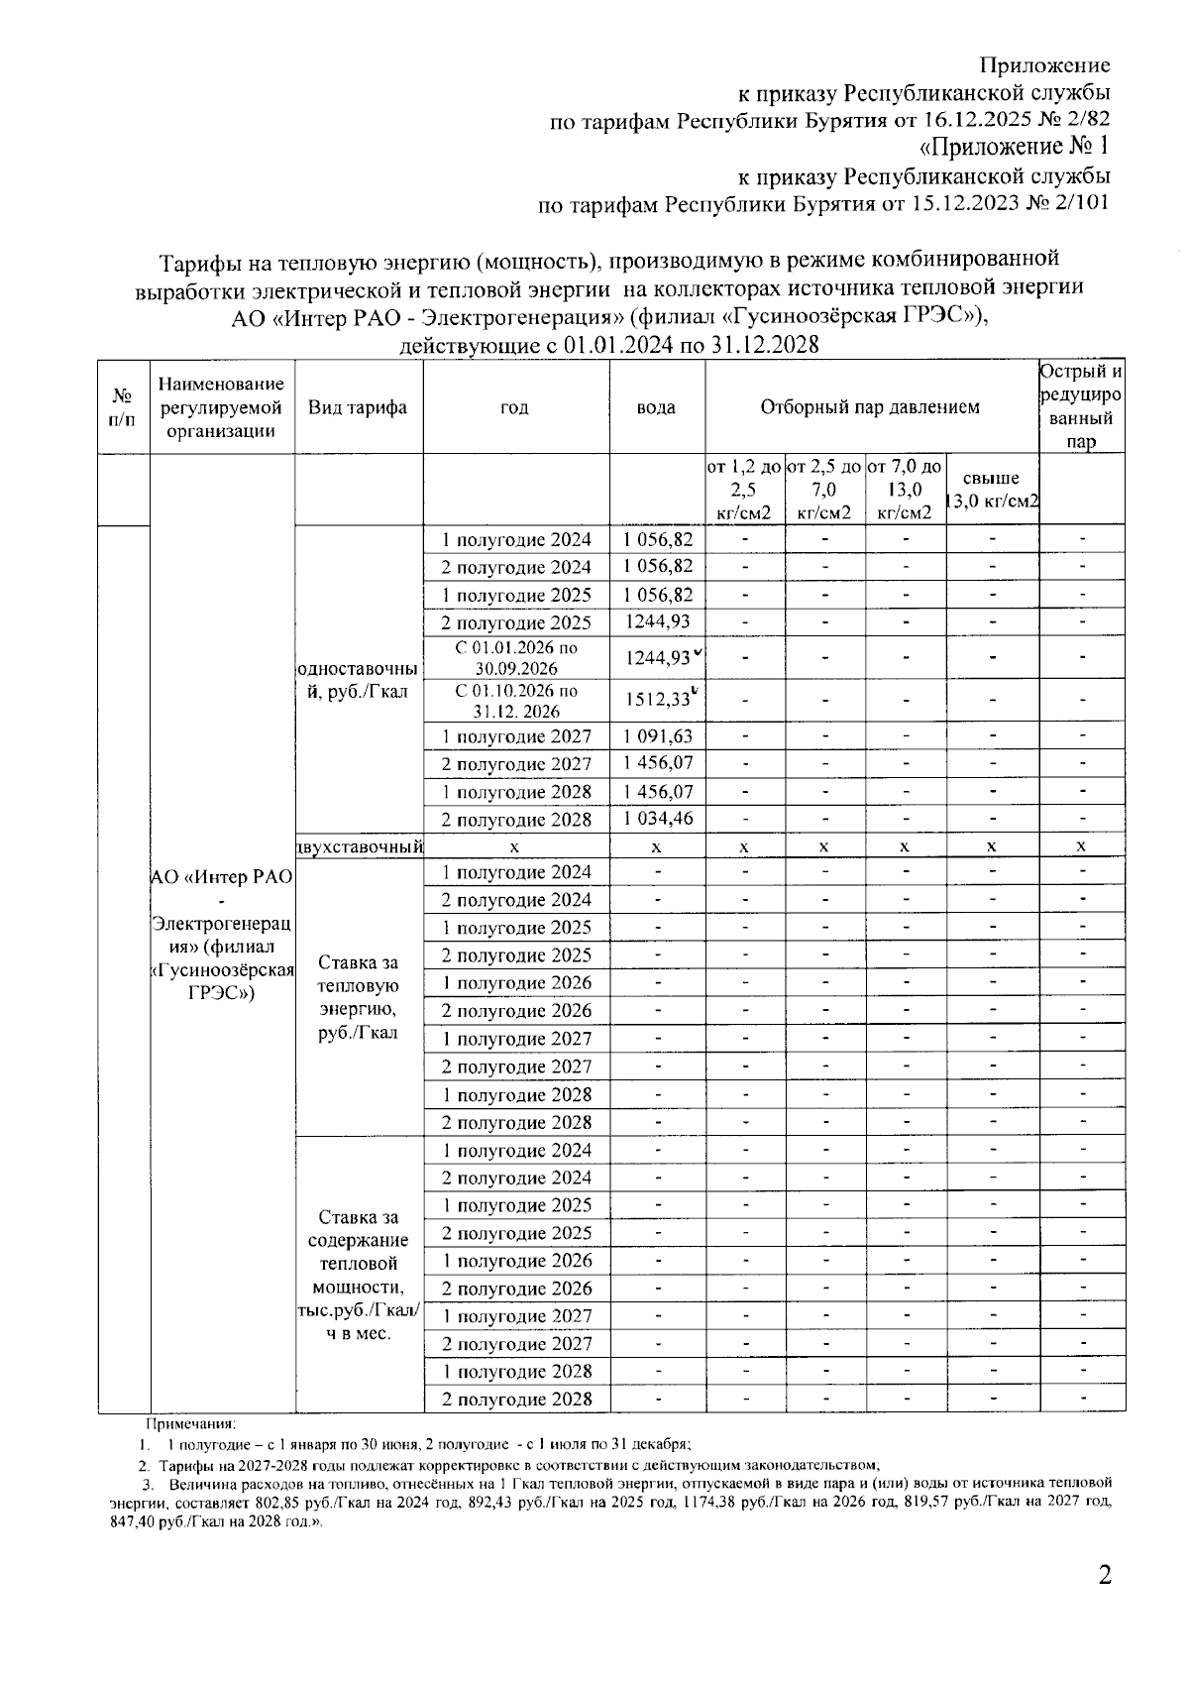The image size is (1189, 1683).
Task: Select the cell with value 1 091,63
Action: point(658,736)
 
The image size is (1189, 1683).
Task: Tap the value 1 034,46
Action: point(658,820)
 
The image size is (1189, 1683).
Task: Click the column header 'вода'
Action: point(657,407)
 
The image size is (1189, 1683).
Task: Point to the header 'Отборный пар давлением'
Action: point(870,407)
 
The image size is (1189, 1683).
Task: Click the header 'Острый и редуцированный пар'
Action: point(1081,407)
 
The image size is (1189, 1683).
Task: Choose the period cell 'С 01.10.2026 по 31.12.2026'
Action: point(516,701)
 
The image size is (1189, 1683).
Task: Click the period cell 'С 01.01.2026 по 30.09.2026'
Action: point(516,657)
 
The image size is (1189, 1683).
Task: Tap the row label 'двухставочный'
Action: point(360,846)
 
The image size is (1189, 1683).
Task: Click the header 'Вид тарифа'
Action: point(358,407)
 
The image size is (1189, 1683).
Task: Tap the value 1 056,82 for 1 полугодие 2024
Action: point(658,540)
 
